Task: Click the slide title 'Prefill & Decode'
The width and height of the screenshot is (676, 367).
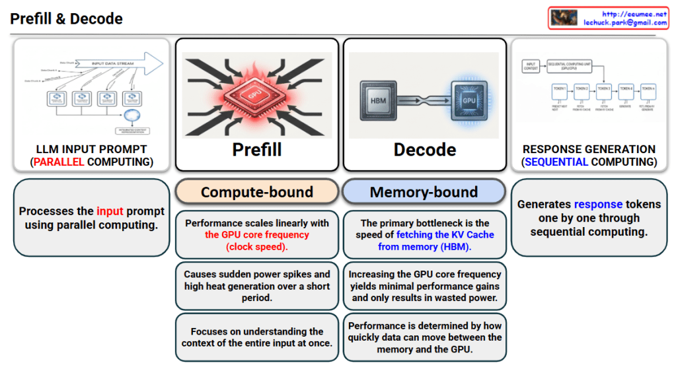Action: [x=66, y=18]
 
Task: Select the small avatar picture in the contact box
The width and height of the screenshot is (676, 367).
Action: [x=564, y=18]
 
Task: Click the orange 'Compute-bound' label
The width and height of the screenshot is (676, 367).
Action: [x=257, y=192]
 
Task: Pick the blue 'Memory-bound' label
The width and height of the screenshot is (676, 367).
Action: [x=424, y=192]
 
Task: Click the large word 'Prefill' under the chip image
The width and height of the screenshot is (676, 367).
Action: [x=257, y=150]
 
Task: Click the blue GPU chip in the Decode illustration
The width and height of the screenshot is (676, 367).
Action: [x=469, y=100]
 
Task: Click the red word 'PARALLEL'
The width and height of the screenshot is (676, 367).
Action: [x=59, y=162]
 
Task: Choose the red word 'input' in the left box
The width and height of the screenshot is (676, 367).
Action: [x=110, y=211]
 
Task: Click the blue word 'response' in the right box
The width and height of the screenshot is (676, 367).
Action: [x=599, y=205]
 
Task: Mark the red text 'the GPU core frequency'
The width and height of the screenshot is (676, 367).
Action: [x=257, y=235]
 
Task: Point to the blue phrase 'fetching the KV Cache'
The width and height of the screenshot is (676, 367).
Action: [x=445, y=235]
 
